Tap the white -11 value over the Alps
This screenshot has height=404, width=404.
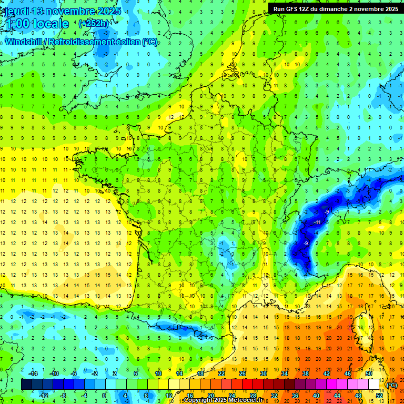pyautogui.click(x=317, y=223)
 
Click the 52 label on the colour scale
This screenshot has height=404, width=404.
pyautogui.click(x=379, y=395)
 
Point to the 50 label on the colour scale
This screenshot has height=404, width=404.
pyautogui.click(x=368, y=373)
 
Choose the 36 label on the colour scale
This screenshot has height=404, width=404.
pyautogui.click(x=295, y=395)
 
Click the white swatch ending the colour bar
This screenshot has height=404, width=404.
pyautogui.click(x=373, y=385)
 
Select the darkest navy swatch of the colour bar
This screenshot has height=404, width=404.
pyautogui.click(x=26, y=385)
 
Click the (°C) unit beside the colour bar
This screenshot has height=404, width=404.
pyautogui.click(x=391, y=385)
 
